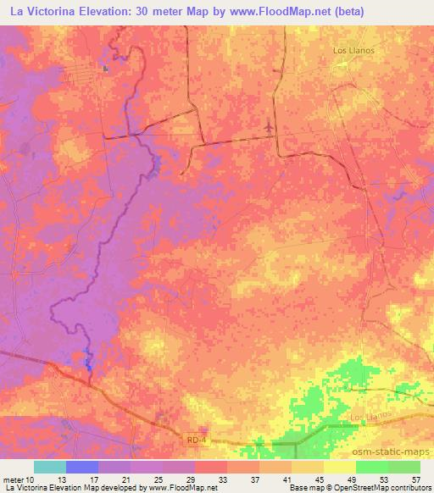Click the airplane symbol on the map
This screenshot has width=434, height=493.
[270, 125]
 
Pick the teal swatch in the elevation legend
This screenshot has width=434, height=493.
[49, 467]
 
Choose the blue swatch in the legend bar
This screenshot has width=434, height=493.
[81, 467]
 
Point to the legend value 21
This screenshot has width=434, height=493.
[127, 479]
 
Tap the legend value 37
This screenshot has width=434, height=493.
[256, 479]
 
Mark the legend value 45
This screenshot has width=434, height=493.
[320, 479]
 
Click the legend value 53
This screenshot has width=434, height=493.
[385, 479]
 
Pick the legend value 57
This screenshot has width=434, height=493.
[416, 479]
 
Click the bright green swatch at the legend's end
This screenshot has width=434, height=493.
[403, 467]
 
